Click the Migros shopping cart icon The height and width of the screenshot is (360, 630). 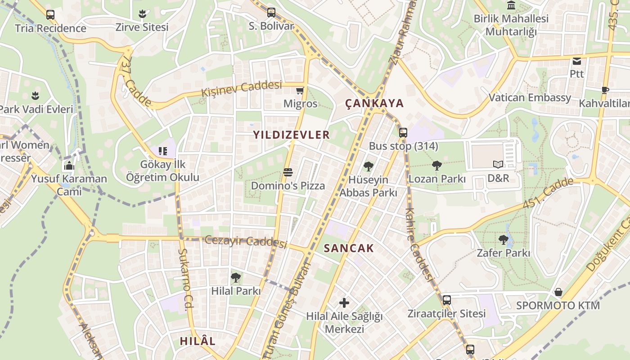point(300,90)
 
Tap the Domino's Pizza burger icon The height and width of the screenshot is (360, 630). point(288,172)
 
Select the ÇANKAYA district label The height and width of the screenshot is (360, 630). point(374,103)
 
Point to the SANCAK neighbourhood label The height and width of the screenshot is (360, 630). point(349,248)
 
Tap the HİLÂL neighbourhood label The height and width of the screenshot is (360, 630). point(198,341)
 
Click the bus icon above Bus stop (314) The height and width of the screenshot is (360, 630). point(403,133)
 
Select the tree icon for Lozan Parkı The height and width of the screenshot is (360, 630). point(436,166)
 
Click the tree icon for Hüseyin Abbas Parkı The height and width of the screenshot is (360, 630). point(368,166)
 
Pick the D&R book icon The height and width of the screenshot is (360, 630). point(498,165)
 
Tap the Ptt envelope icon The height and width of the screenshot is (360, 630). point(576,61)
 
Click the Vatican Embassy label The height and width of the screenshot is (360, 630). point(530,98)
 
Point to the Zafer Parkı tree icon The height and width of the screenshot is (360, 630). point(503,239)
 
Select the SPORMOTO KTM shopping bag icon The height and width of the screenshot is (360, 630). point(558,292)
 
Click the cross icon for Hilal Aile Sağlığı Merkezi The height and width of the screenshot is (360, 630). point(344,303)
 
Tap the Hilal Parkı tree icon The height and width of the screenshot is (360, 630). point(235,278)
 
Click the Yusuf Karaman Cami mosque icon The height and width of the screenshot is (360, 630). point(69,166)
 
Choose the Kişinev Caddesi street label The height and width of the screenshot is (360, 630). point(241,88)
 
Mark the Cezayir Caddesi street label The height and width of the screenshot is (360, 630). point(246,241)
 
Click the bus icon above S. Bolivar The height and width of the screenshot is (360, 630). point(271,13)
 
